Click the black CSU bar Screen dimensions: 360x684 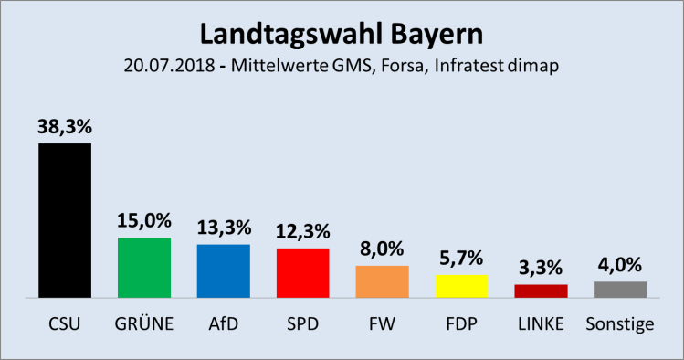64,220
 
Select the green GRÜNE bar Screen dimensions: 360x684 143,268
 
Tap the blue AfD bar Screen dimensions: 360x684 223,270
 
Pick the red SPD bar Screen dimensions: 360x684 302,272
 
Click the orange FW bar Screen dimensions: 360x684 382,281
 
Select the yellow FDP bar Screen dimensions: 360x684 461,286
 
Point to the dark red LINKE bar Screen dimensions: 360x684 541,291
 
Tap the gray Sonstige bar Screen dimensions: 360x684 620,289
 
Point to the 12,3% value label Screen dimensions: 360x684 302,233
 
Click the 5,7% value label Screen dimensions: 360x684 461,259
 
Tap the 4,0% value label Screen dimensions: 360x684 620,266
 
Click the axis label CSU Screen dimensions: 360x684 64,323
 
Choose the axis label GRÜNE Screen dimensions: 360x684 143,323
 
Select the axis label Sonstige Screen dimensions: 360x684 620,323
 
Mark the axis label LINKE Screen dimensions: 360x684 541,323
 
